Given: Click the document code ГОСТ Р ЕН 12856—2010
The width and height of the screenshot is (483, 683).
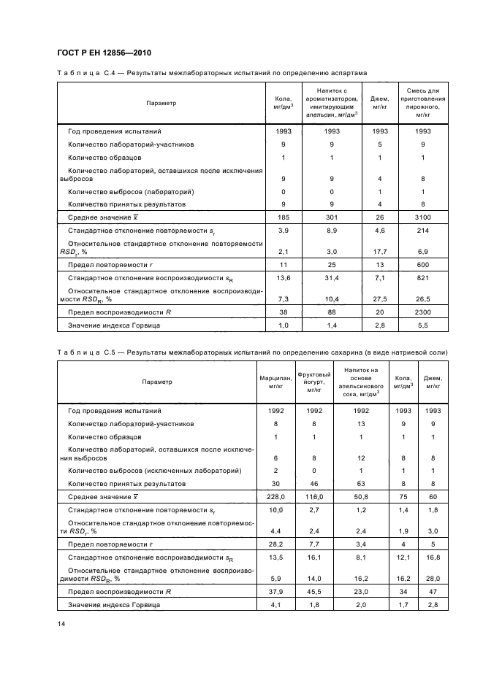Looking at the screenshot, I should (x=103, y=53).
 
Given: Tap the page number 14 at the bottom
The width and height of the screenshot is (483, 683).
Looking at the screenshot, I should (x=61, y=622).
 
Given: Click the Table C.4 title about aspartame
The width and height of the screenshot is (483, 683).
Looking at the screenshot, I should (x=212, y=74).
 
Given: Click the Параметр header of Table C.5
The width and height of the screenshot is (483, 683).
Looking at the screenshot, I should (x=157, y=382).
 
